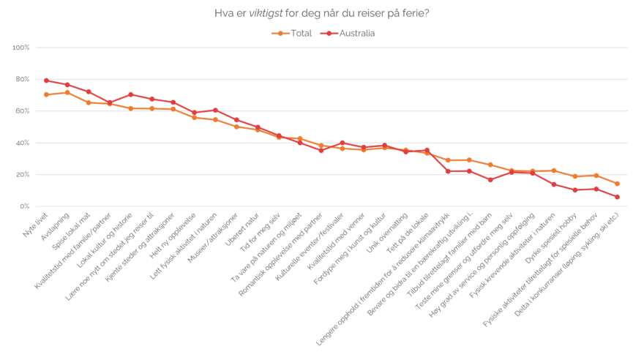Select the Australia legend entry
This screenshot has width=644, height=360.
351,33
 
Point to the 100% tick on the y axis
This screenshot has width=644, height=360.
22,48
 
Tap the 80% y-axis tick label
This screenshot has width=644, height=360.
22,79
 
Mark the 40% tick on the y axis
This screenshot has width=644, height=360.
22,143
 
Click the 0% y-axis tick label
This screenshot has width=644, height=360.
24,206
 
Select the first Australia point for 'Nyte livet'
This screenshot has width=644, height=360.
46,80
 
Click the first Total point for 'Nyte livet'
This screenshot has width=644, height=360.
46,94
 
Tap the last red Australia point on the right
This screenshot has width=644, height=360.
618,197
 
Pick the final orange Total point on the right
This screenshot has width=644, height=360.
618,184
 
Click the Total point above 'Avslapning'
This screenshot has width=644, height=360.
67,92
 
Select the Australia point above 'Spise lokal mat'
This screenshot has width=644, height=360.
89,91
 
